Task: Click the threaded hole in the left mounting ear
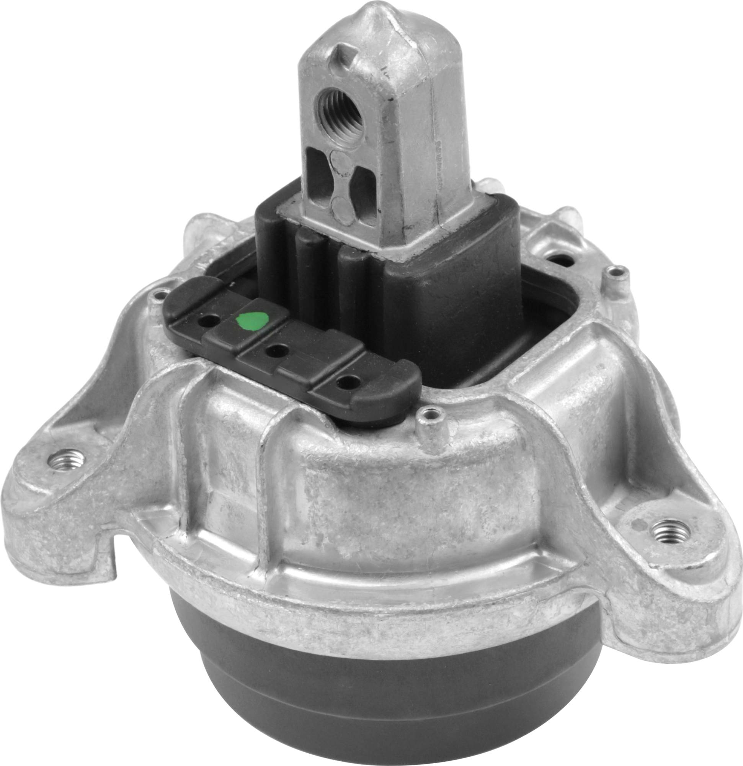pyautogui.click(x=65, y=460)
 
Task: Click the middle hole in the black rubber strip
pyautogui.click(x=277, y=349)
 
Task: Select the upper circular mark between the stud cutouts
pyautogui.click(x=339, y=160)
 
